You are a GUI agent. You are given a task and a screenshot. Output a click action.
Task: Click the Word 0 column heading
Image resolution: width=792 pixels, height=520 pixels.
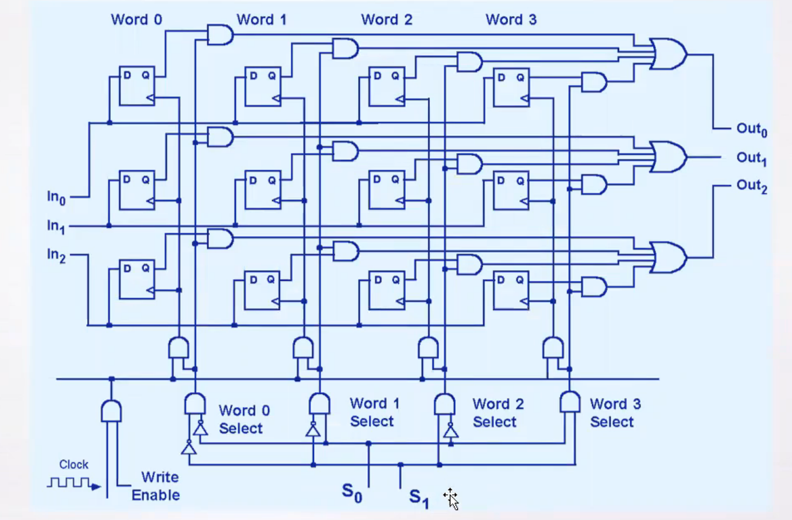137,19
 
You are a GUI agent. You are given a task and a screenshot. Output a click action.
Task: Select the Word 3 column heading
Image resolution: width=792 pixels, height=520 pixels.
511,19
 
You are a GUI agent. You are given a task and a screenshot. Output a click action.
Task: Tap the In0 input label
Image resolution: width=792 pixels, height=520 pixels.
56,197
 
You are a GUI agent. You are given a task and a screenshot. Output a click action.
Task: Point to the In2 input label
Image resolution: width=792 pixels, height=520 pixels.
56,255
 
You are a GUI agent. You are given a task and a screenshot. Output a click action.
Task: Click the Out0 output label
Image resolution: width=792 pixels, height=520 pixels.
751,129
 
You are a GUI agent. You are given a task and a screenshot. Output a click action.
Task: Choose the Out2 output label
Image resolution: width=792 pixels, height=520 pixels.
751,186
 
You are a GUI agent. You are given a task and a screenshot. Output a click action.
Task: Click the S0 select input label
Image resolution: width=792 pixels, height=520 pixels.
352,492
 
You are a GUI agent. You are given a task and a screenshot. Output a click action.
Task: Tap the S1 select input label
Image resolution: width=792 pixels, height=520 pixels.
419,497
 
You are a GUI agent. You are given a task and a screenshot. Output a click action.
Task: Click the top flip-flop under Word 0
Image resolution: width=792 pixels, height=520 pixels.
137,86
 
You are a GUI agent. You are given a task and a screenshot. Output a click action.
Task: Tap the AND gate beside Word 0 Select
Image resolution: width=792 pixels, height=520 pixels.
195,405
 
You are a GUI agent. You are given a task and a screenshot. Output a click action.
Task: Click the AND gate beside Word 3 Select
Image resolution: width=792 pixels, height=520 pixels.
570,402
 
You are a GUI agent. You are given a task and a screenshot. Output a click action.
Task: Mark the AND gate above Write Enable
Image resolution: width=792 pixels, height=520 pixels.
111,411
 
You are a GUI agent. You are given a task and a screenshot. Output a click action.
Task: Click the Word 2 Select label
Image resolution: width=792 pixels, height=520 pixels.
494,413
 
